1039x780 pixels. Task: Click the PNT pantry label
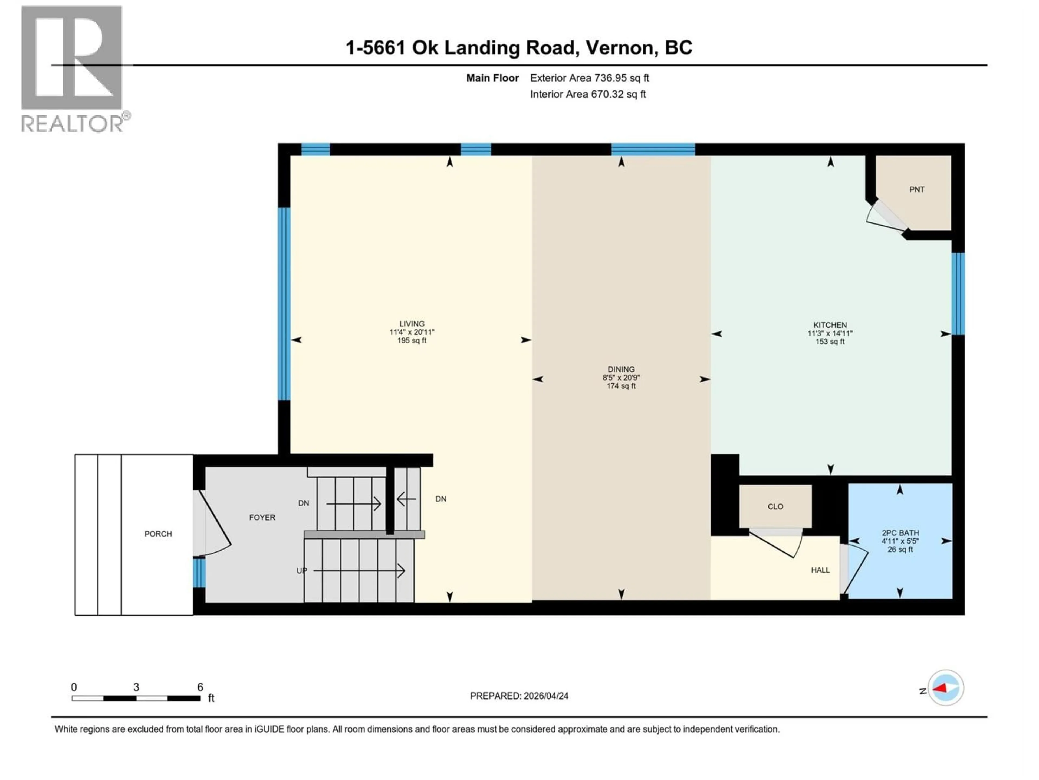916,190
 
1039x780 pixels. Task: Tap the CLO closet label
775,506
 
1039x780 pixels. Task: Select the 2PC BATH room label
900,533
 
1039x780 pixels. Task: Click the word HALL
820,570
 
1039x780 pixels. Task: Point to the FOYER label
262,517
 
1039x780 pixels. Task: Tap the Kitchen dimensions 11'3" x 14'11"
830,333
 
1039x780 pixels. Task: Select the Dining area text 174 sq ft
621,386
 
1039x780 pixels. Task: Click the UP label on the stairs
302,571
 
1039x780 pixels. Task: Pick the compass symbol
946,688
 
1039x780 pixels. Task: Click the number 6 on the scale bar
200,687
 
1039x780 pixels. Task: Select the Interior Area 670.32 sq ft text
588,94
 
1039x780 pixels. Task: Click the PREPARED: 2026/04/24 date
519,696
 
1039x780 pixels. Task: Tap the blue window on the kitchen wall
958,294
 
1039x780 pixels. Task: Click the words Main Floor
492,78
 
